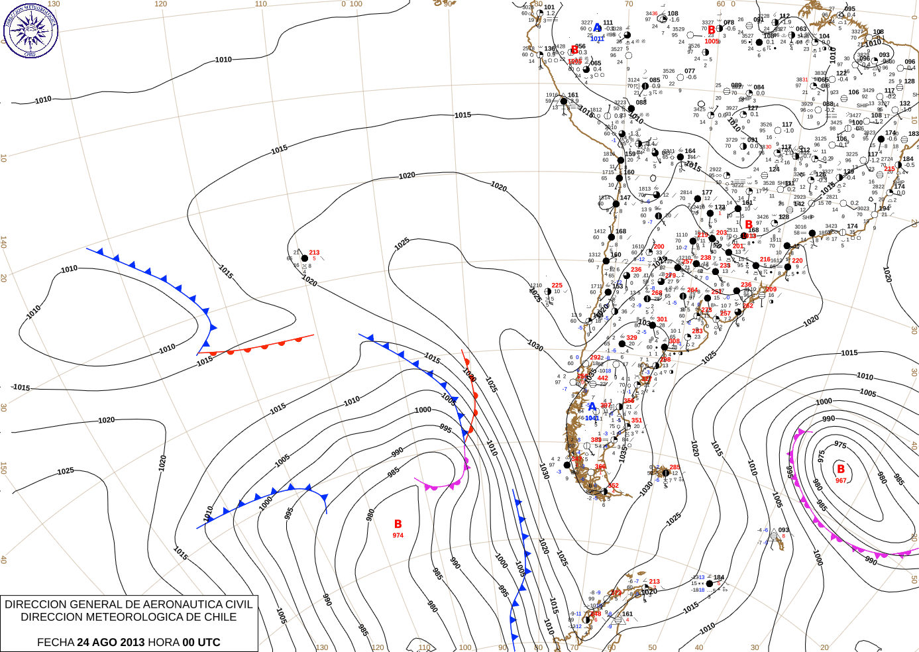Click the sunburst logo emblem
30,30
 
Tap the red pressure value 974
398,535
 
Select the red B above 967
841,469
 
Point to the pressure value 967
841,480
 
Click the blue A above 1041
592,407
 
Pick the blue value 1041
592,418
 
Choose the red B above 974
398,524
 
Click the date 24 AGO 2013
111,642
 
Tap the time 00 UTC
201,642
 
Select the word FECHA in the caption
56,642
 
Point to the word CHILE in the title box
219,617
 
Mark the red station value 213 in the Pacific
314,252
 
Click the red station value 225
557,286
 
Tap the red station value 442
602,378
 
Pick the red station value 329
631,338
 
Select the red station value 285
675,467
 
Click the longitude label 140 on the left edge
3,243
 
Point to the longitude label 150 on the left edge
3,468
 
